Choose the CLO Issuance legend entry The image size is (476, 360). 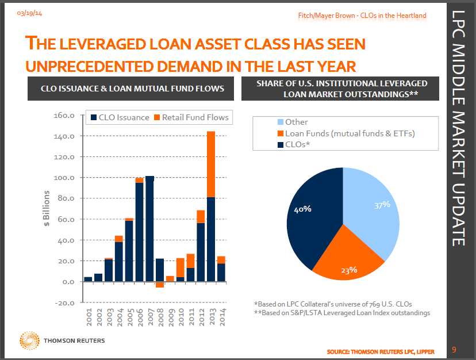click(x=119, y=117)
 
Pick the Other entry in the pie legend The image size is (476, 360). click(x=296, y=122)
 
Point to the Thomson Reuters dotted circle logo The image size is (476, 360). click(x=30, y=340)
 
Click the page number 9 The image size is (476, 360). click(x=454, y=349)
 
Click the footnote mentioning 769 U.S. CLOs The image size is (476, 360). click(x=333, y=304)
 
